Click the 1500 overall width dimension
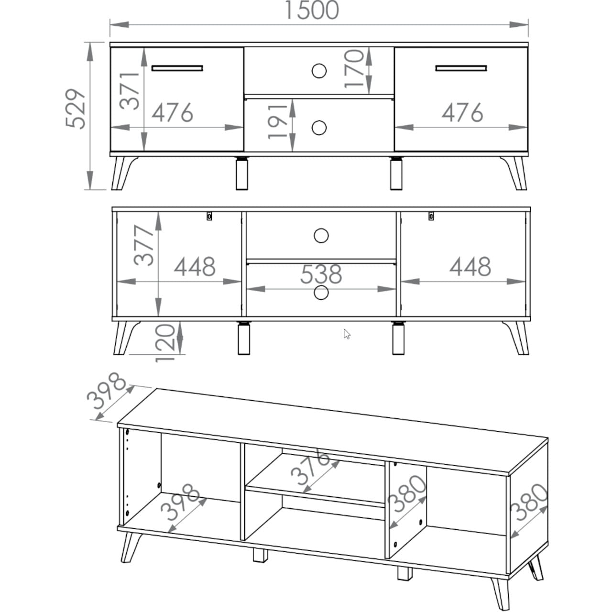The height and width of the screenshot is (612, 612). coord(312,10)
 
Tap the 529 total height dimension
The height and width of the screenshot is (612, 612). coord(76,109)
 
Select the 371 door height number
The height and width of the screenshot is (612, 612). coord(130,91)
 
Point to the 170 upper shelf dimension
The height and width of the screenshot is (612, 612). coord(354,68)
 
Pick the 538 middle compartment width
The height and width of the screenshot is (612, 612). coord(321,274)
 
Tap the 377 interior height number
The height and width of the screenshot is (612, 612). coord(144,245)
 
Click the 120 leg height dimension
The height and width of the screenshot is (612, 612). coord(165,343)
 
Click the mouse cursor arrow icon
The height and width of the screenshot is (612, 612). coord(347,334)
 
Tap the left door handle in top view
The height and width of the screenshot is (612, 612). coord(177,68)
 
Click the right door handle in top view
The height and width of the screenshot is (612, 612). coord(461,68)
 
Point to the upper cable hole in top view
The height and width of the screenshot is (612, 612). coord(319,70)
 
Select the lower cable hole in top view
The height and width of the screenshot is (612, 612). coord(319,128)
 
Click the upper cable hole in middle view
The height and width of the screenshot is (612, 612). coord(321,236)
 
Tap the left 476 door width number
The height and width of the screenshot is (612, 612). coord(172,112)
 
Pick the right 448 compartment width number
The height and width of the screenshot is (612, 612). coord(470,267)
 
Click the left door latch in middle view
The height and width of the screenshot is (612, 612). coord(209,216)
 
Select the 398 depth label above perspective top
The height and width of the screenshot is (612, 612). coord(107,391)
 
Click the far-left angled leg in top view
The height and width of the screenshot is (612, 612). coord(123,174)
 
